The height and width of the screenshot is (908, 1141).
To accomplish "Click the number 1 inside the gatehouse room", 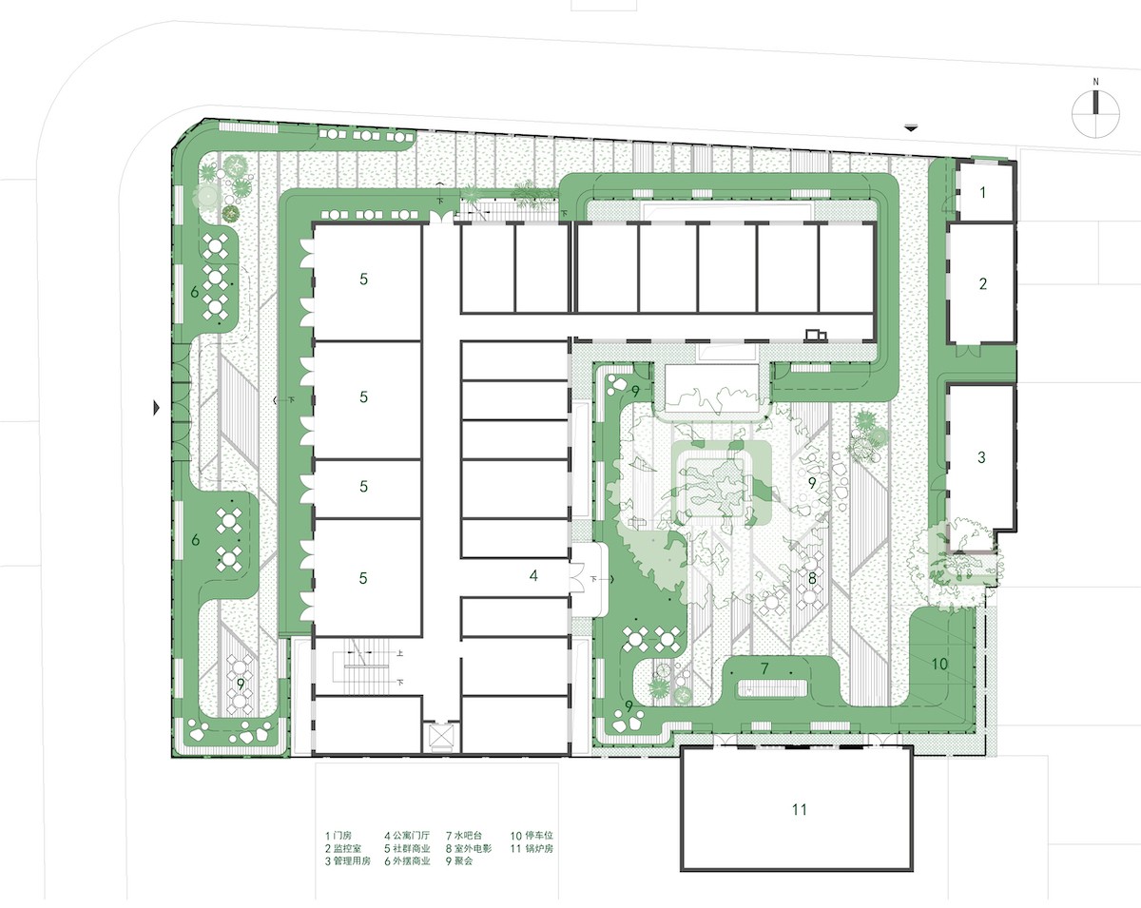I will point(984,193).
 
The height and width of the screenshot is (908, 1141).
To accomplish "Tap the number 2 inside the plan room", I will point(983,283).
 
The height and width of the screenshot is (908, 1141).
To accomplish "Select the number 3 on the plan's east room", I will point(982,457).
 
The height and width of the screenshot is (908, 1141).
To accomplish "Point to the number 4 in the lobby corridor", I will point(534,576).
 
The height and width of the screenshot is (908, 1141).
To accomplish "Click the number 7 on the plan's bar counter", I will point(764,669).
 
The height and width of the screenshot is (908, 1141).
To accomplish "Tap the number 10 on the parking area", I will point(939,664).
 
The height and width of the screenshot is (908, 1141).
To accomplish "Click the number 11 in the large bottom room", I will point(799,809).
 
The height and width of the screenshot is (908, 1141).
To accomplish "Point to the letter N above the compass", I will point(1095,83).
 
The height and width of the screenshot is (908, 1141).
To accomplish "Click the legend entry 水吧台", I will point(467,836).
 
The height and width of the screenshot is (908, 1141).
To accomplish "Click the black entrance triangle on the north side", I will point(913,127).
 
